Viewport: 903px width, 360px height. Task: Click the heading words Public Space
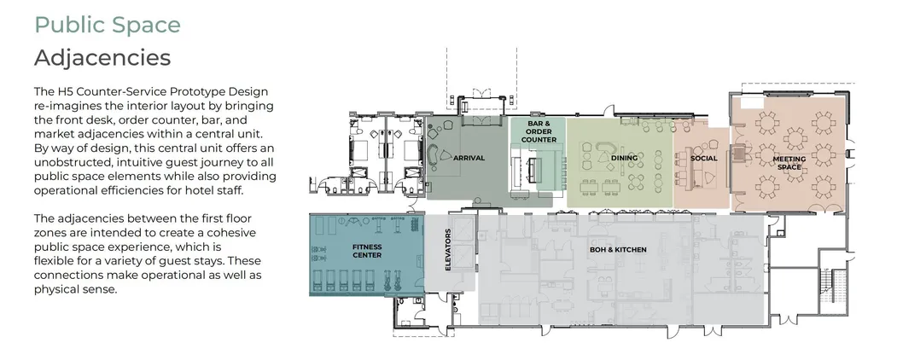point(107,24)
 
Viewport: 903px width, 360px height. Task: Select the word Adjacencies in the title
point(102,58)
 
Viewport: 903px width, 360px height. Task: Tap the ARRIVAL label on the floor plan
point(469,158)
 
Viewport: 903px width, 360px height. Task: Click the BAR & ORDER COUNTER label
point(538,131)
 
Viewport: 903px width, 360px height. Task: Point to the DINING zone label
point(624,158)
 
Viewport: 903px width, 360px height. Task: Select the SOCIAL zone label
point(703,158)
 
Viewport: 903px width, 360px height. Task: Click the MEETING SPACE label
point(789,162)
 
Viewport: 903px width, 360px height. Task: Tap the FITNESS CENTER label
point(366,250)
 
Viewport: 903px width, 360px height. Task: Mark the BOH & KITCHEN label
point(618,249)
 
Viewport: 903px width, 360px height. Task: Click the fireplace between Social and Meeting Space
point(731,158)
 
